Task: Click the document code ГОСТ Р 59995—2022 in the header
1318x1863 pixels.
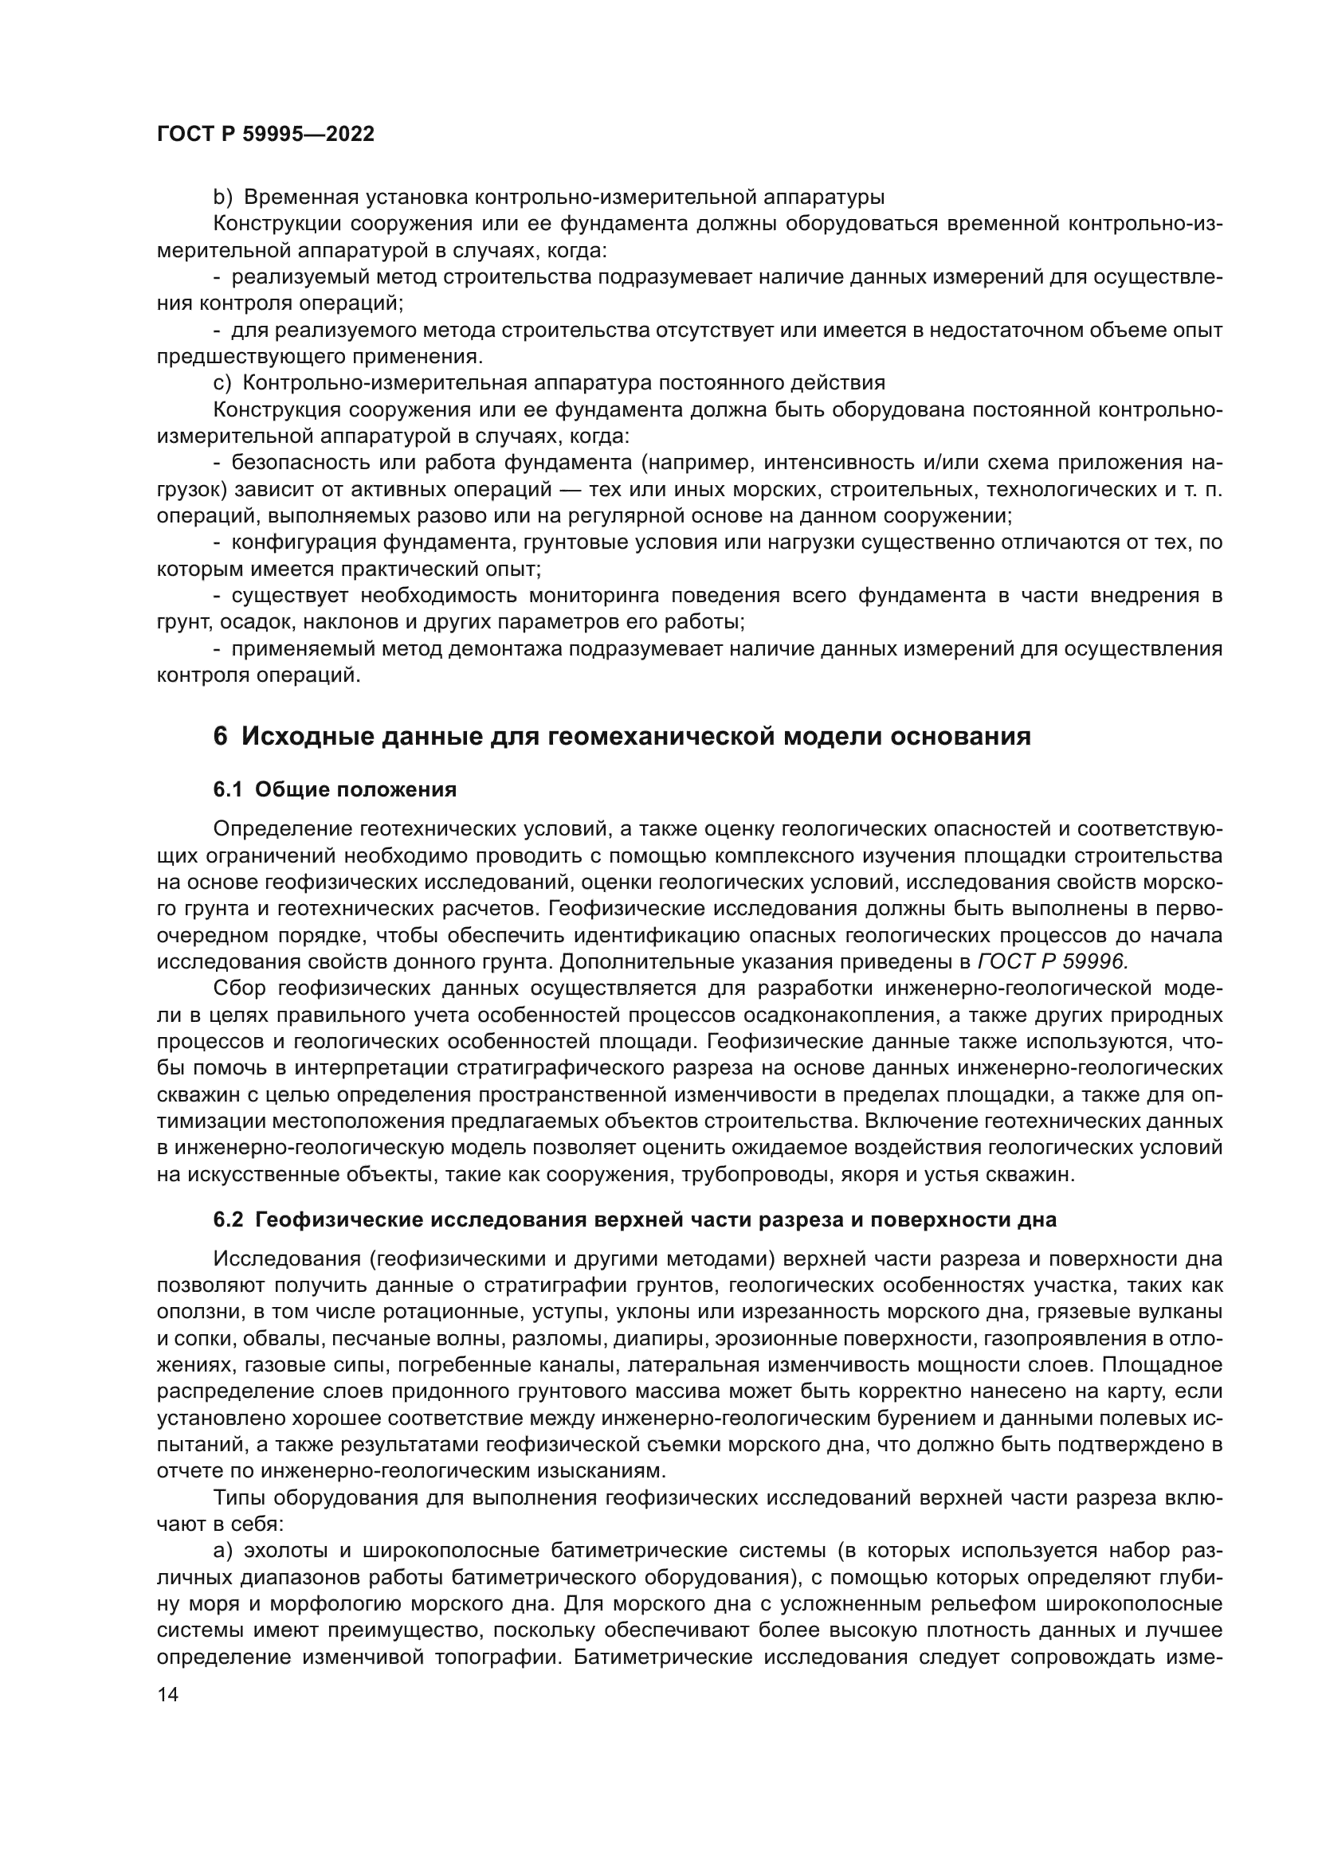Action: (265, 135)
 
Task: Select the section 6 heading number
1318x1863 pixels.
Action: (220, 737)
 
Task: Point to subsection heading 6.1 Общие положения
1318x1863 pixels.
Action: (335, 789)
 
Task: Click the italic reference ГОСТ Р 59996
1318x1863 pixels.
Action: (1053, 961)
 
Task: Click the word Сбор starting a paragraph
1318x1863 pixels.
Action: (239, 988)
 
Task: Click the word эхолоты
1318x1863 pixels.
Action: (280, 1551)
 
